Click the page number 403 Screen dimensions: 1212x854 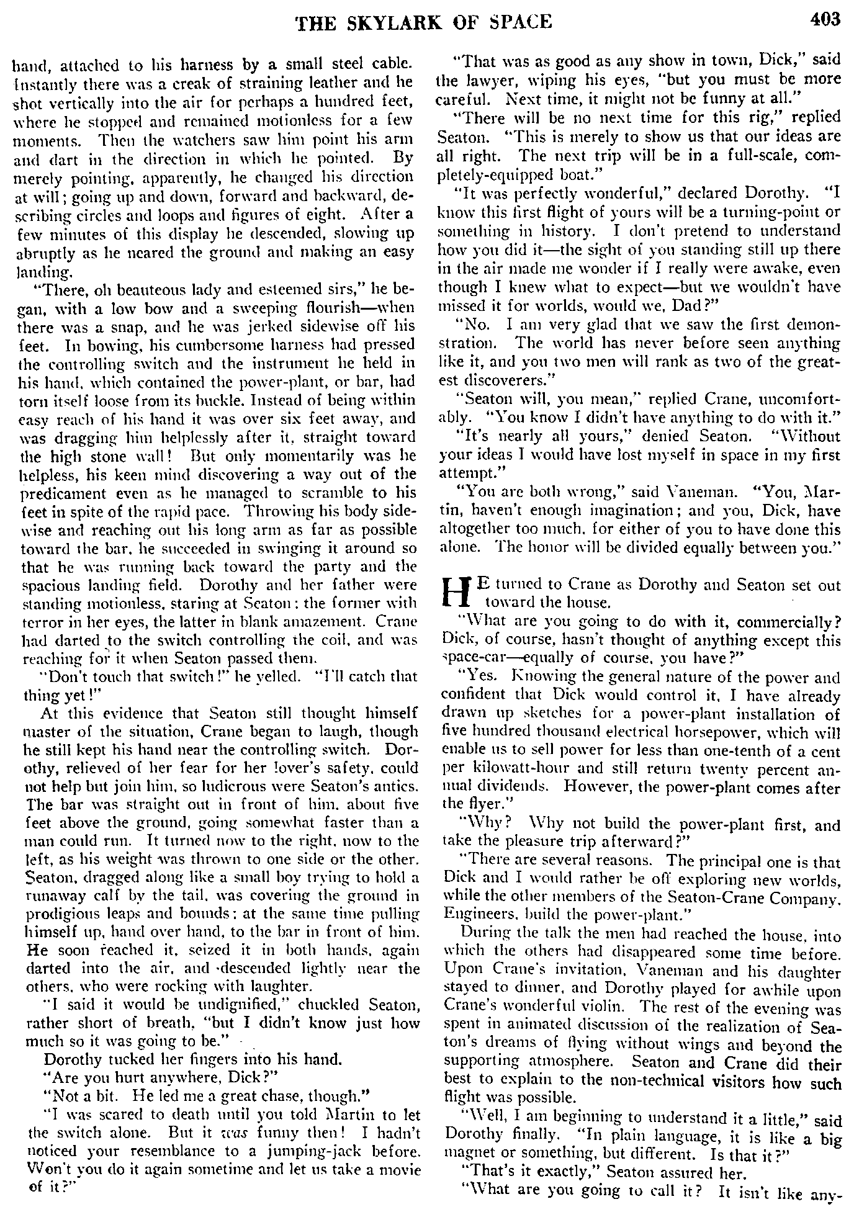(x=824, y=20)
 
